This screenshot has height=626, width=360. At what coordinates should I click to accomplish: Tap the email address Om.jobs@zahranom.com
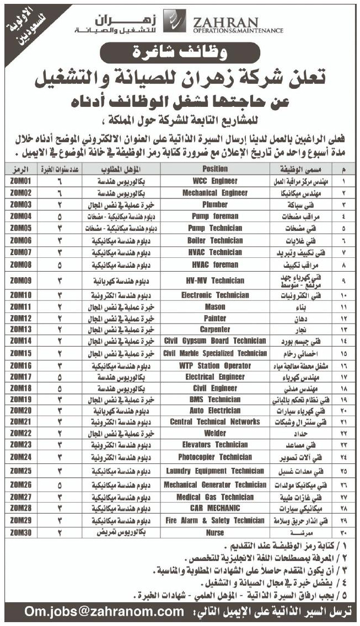click(x=104, y=611)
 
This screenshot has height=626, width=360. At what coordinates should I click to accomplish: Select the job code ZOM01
click(x=20, y=181)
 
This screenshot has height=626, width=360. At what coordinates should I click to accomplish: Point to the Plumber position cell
click(x=214, y=204)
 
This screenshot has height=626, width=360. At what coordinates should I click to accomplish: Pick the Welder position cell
click(x=214, y=433)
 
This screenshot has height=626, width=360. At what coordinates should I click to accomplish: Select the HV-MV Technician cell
click(x=214, y=280)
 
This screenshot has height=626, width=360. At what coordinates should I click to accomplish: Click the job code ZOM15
click(x=20, y=353)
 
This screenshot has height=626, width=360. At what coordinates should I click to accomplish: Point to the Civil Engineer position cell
click(x=214, y=388)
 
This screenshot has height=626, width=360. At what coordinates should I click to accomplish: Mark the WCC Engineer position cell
click(x=214, y=181)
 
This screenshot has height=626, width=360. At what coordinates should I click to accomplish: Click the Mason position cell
click(x=214, y=306)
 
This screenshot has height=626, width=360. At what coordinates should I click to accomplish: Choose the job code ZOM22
click(x=20, y=433)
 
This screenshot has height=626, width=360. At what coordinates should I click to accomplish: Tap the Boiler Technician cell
click(x=214, y=240)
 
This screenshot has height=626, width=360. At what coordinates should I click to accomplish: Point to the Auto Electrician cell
click(x=214, y=411)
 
